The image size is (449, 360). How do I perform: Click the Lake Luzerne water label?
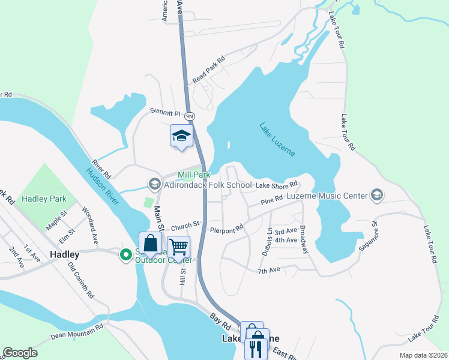(x=277, y=139)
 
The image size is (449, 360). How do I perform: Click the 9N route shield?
(x=190, y=115)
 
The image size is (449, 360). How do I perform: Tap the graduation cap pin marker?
(x=181, y=136)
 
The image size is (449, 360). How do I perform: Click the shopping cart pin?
(x=178, y=247)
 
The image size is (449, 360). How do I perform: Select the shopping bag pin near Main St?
(x=151, y=243)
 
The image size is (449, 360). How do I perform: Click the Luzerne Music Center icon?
(x=377, y=194)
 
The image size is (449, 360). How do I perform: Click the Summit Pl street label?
(x=165, y=112)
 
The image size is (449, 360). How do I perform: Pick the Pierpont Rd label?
(x=226, y=229)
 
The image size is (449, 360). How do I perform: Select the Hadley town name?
(x=65, y=254)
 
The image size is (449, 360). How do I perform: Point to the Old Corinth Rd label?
(x=81, y=281)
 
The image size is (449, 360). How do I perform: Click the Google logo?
(x=20, y=353)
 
